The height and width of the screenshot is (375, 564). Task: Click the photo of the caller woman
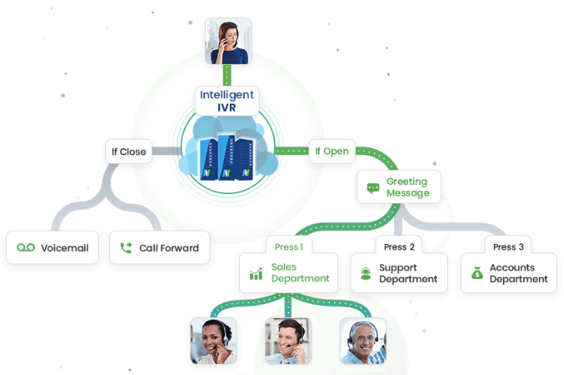coord(228,41)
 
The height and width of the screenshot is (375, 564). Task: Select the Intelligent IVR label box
coord(227,101)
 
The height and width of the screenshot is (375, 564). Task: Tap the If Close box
coord(129,151)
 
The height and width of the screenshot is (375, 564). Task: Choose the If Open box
coord(333,151)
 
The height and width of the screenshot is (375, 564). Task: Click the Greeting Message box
coord(399,187)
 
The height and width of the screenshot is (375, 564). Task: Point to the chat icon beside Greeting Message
coord(373,188)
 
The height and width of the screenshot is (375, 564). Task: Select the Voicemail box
coord(53,248)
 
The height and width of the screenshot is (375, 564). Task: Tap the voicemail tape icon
coord(26,248)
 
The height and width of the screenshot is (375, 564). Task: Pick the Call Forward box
coord(160,248)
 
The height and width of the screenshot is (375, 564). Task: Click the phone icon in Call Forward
coord(126,249)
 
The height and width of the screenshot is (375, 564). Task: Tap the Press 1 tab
coord(288,246)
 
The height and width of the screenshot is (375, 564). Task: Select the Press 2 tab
coord(400,246)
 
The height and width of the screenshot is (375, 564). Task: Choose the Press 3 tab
coord(509,246)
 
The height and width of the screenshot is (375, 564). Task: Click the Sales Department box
coord(288,273)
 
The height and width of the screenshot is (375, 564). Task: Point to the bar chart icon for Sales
coord(256,274)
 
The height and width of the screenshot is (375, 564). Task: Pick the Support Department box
coord(399,273)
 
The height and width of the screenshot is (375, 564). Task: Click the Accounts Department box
coord(509,273)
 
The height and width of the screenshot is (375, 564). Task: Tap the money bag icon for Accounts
coord(477,274)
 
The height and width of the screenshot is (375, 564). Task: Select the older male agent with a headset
coord(362,341)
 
